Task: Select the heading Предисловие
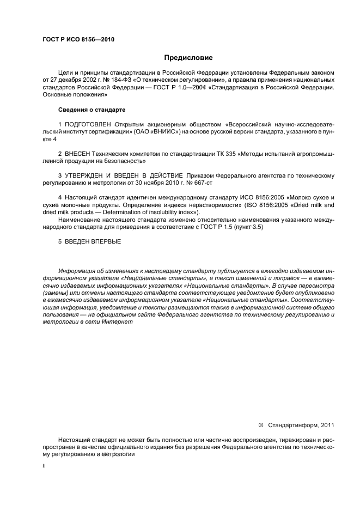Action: point(188,57)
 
